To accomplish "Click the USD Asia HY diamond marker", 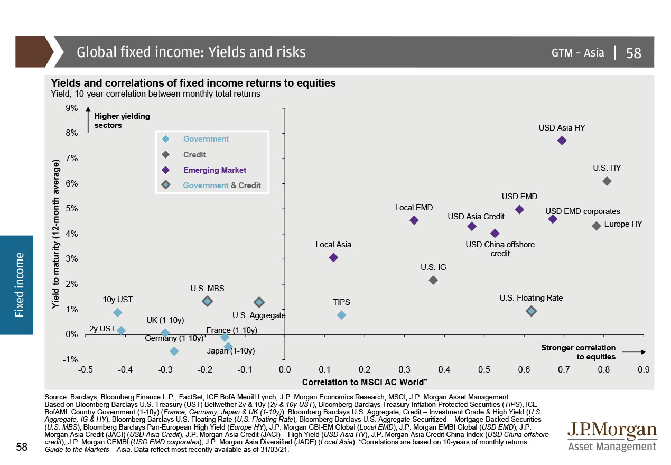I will click(562, 141).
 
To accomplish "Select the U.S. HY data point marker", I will click(607, 181).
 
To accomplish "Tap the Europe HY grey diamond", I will click(597, 226).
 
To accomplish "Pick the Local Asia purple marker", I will click(333, 257).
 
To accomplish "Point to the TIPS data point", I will click(341, 315).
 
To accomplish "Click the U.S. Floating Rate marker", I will click(532, 311).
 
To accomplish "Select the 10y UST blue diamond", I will click(117, 313).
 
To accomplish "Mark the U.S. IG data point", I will click(433, 280).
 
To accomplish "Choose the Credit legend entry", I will click(194, 155).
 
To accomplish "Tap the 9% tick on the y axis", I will click(71, 108).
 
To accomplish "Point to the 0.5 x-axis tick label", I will click(484, 370).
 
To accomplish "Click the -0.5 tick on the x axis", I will click(86, 370).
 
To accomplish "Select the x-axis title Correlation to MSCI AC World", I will click(365, 382).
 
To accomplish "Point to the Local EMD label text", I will click(414, 208).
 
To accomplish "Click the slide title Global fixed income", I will click(191, 52).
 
